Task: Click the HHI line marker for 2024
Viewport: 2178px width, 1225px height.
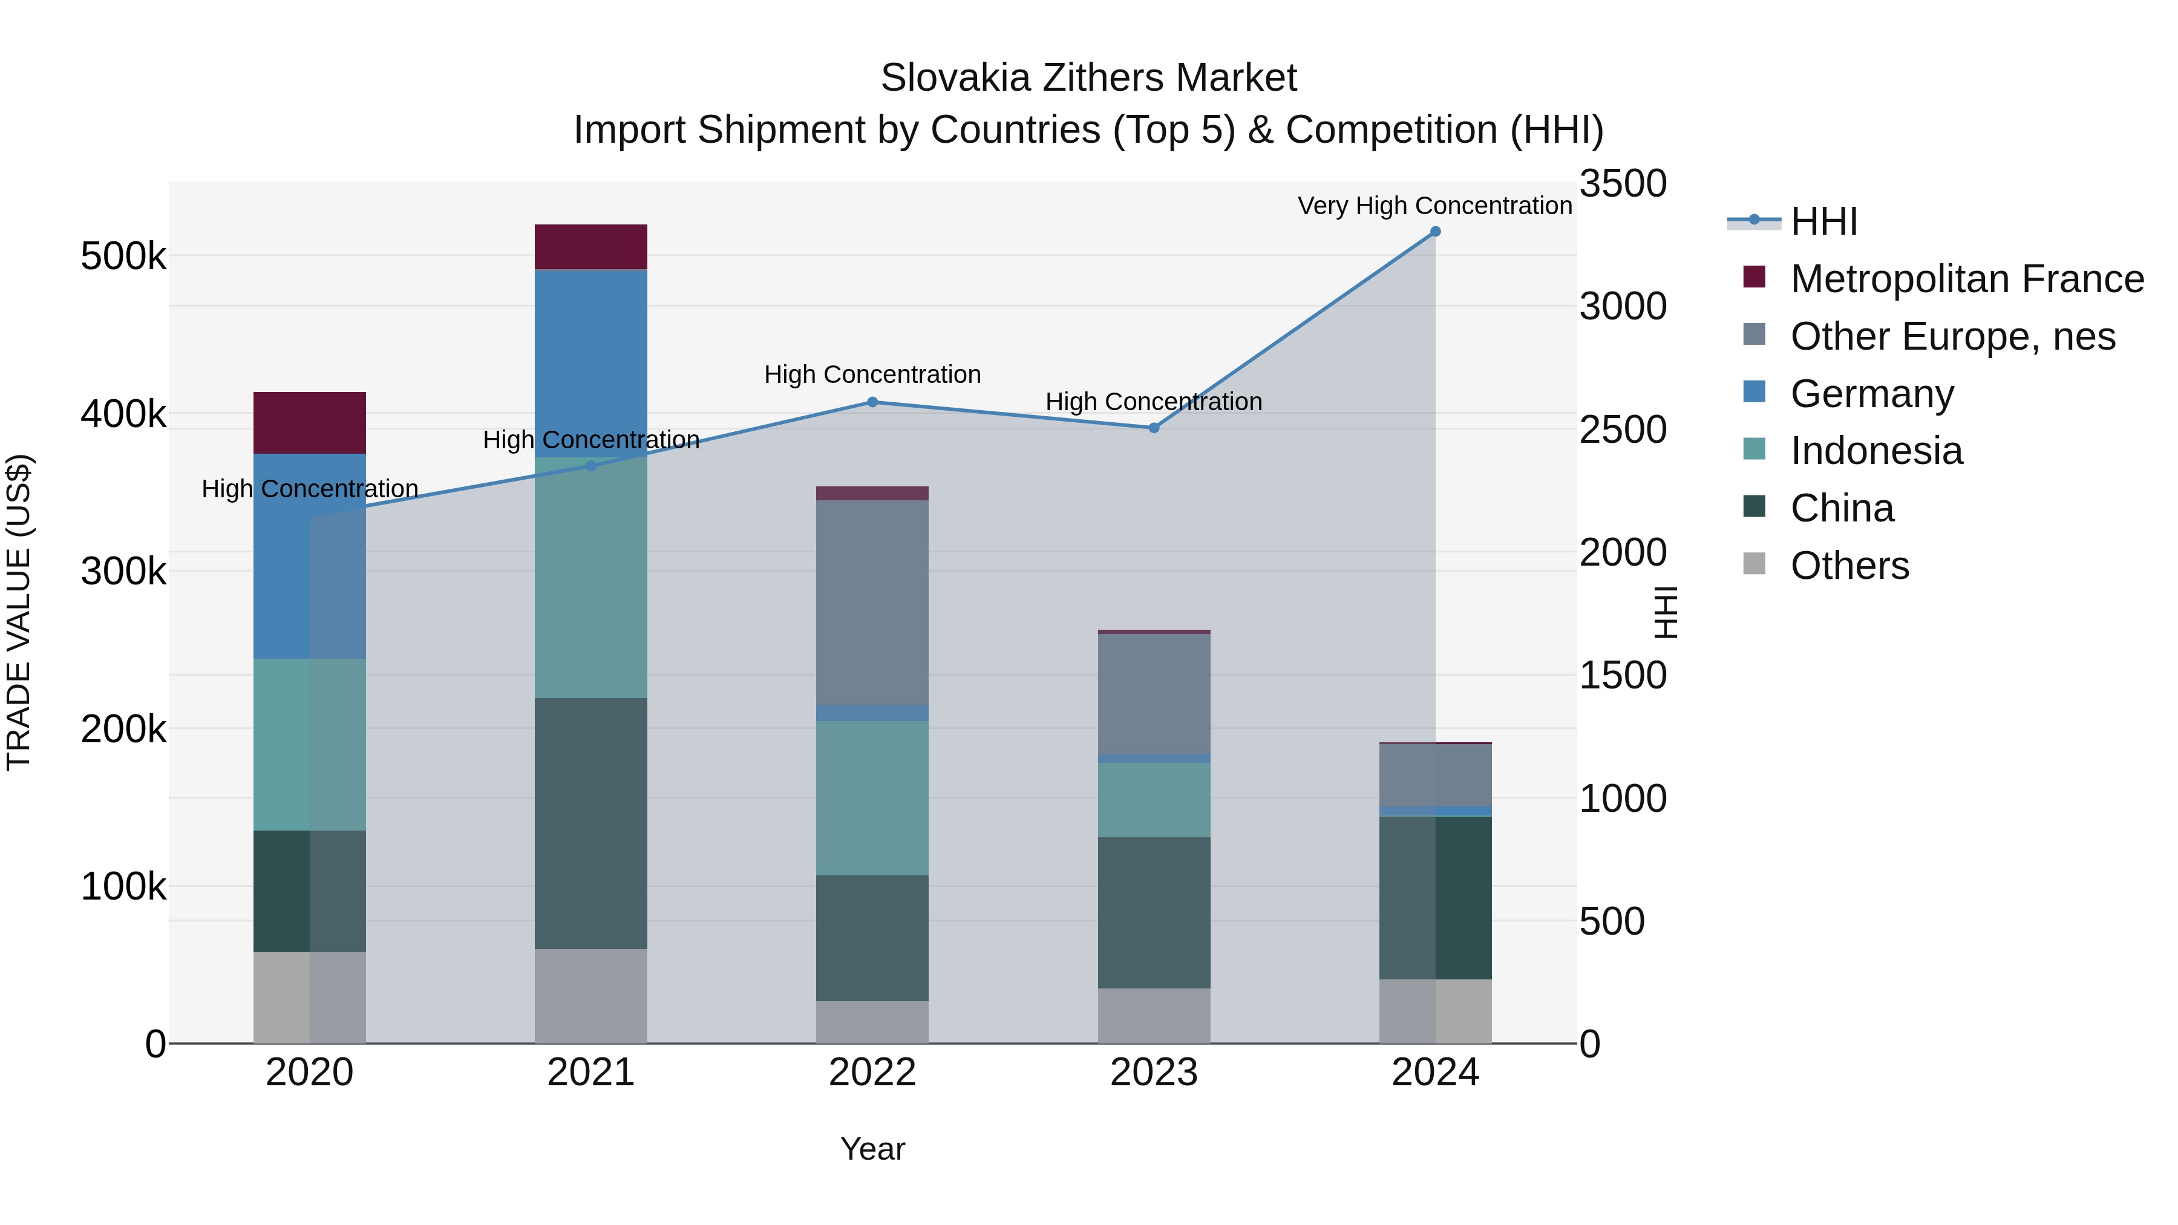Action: [x=1435, y=232]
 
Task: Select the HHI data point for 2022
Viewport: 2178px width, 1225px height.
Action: [x=872, y=402]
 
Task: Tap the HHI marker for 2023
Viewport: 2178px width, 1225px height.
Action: [x=1153, y=428]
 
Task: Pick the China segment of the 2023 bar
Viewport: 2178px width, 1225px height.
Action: [x=1153, y=913]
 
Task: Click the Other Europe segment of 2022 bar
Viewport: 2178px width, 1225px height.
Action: [x=872, y=603]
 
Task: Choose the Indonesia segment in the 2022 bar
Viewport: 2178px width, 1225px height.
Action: [x=872, y=798]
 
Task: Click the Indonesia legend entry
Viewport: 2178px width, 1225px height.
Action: [x=1875, y=451]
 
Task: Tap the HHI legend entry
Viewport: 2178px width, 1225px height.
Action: [x=1823, y=221]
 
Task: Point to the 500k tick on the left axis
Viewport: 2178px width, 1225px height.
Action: [x=123, y=256]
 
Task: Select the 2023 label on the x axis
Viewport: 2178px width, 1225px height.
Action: [x=1153, y=1073]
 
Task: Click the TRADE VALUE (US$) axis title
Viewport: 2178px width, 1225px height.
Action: [x=19, y=612]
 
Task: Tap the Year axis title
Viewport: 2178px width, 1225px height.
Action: [x=872, y=1149]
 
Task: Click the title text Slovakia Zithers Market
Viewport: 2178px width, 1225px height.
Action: [x=1088, y=78]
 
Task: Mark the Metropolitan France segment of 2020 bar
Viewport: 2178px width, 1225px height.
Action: [x=309, y=423]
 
